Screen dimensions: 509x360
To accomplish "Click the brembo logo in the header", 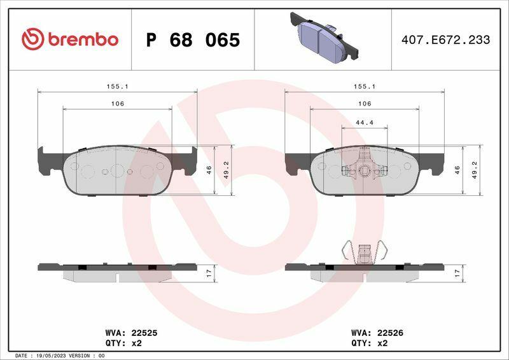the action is click(x=70, y=39).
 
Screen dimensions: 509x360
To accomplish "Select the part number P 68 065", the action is click(x=193, y=40).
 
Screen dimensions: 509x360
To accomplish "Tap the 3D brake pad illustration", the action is click(x=324, y=37).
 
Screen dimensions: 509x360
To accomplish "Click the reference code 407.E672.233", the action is click(x=446, y=39).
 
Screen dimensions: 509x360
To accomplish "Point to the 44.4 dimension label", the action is click(x=365, y=122).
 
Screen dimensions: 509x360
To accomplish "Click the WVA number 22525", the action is click(x=144, y=333).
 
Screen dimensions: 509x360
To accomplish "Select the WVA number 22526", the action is click(x=390, y=333).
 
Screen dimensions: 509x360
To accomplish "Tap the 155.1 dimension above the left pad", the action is click(x=118, y=87).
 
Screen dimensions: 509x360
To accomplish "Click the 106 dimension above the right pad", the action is click(x=365, y=104).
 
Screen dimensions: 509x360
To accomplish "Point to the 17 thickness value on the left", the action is click(x=209, y=273).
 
